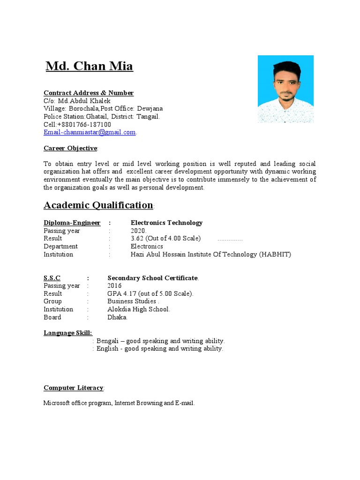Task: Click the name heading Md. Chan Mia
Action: [x=89, y=67]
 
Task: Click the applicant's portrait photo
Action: [x=285, y=89]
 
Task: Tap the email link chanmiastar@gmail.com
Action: [x=90, y=133]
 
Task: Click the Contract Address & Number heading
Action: [x=89, y=93]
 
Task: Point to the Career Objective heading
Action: [x=70, y=148]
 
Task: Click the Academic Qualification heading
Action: [x=98, y=205]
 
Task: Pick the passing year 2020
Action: [x=139, y=231]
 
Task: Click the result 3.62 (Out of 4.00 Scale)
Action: [x=165, y=239]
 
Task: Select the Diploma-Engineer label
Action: [x=72, y=223]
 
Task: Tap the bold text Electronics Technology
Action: [x=166, y=223]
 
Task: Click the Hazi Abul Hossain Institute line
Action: [x=211, y=255]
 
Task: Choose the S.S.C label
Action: [x=52, y=278]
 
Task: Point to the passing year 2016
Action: [x=114, y=286]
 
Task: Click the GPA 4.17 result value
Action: [x=150, y=294]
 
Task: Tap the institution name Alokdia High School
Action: [x=139, y=309]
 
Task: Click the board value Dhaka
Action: [x=117, y=317]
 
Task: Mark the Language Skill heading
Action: [x=68, y=333]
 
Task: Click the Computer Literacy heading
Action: [x=74, y=388]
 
